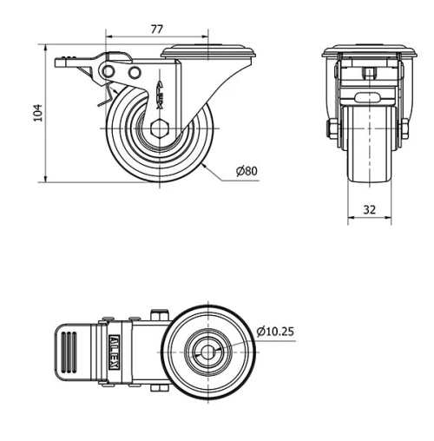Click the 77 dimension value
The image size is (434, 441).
[157, 29]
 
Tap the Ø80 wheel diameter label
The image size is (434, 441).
[246, 172]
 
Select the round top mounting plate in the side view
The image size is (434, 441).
[209, 51]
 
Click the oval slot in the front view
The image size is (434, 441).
[367, 96]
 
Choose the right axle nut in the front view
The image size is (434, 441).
[404, 130]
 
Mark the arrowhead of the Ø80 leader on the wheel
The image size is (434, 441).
[203, 161]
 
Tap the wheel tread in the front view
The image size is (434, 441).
[368, 165]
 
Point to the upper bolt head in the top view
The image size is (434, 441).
[161, 313]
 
